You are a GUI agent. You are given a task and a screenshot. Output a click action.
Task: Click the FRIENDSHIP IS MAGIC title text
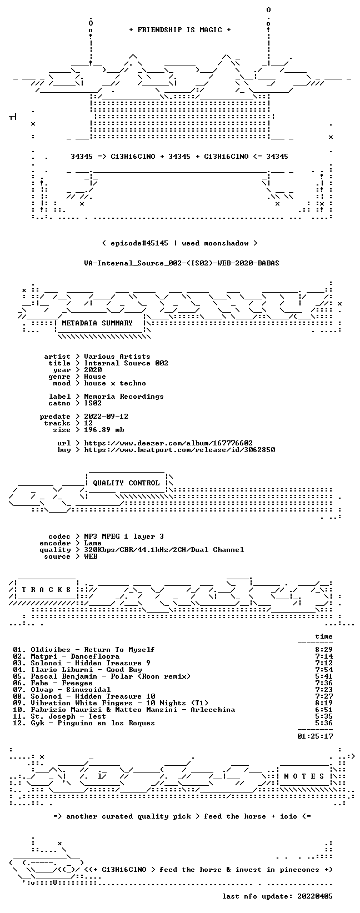click(x=180, y=30)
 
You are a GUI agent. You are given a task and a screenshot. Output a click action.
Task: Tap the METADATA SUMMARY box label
click(x=97, y=323)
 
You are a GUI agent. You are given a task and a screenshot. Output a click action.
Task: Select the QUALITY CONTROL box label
click(x=126, y=483)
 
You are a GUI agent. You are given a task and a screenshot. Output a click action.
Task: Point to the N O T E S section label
click(x=304, y=776)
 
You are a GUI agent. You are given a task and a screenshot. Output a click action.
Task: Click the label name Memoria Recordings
click(x=124, y=397)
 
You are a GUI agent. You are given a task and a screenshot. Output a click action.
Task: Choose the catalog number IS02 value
click(x=93, y=403)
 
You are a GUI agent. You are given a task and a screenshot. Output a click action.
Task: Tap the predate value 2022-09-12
click(x=106, y=417)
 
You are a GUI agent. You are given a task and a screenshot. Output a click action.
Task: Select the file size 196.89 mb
click(x=104, y=430)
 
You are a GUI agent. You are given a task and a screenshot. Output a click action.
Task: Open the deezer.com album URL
click(x=168, y=443)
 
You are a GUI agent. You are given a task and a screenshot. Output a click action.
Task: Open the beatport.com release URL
click(x=179, y=450)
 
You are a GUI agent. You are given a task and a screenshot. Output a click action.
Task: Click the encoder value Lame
click(x=93, y=543)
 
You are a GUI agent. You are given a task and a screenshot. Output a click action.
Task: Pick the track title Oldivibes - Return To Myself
click(x=93, y=650)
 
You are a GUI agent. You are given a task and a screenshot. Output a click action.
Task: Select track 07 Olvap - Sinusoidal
click(x=71, y=690)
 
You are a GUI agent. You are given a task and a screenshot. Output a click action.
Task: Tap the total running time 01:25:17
click(x=315, y=736)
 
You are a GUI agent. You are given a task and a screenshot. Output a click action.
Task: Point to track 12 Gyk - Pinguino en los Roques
click(x=93, y=723)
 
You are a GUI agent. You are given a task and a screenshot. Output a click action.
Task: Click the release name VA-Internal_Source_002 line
click(x=182, y=263)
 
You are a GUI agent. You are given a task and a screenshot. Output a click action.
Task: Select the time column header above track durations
click(x=324, y=636)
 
